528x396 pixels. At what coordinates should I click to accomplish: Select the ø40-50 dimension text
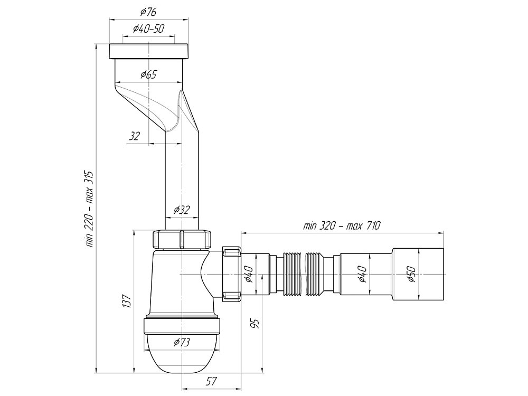click(148, 29)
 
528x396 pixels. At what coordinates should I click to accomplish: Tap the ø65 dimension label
click(148, 74)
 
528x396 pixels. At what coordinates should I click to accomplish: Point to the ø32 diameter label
click(182, 210)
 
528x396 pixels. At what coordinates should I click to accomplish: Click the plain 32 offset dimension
click(134, 136)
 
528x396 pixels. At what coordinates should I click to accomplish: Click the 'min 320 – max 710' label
click(342, 225)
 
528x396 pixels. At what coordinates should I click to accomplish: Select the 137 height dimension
click(126, 301)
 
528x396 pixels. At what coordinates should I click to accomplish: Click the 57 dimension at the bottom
click(211, 381)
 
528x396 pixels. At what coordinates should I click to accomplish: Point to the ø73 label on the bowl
click(182, 343)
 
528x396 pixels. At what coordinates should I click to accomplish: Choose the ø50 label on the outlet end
click(411, 274)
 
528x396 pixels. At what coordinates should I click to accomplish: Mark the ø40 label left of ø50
click(362, 274)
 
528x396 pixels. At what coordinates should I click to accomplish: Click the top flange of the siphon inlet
click(148, 51)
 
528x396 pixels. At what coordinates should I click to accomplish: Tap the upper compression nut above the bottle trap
click(182, 239)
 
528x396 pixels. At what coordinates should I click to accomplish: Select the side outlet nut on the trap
click(232, 274)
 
